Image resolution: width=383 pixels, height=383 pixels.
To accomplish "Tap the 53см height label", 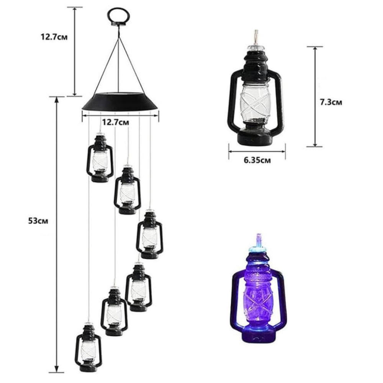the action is click(38, 221).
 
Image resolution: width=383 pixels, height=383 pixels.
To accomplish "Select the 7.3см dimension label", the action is click(331, 102).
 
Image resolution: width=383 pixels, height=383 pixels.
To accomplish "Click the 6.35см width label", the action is click(257, 160).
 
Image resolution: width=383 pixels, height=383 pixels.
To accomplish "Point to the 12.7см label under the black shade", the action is click(115, 123).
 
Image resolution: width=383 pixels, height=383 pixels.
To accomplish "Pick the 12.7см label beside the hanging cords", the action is click(54, 38).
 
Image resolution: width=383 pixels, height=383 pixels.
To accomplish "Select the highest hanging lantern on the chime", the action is click(100, 157).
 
